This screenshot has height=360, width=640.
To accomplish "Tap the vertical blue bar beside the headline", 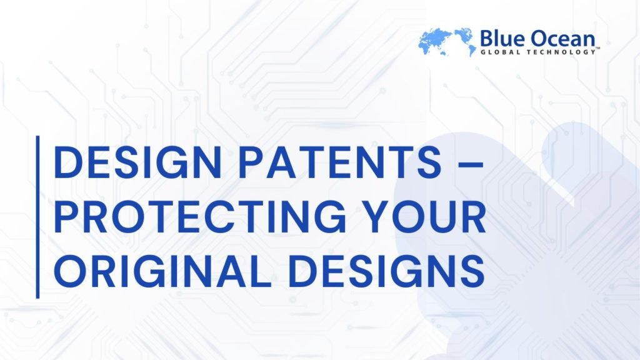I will click(38, 217).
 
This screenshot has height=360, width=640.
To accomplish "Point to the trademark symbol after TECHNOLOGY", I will click(598, 50).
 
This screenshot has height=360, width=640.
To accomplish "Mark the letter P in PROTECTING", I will click(67, 219).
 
